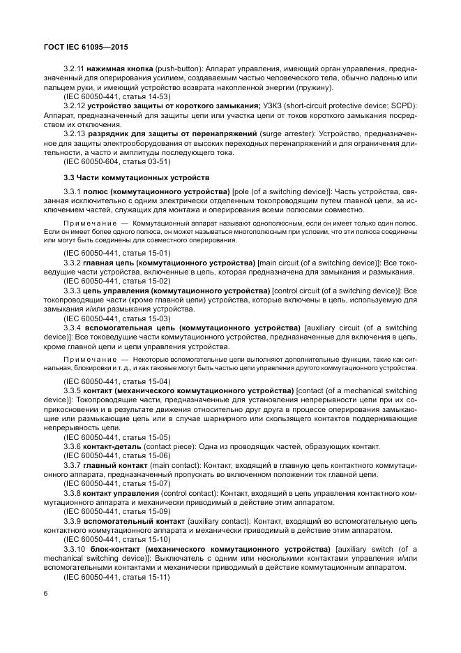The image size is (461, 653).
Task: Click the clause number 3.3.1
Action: point(73,191)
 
